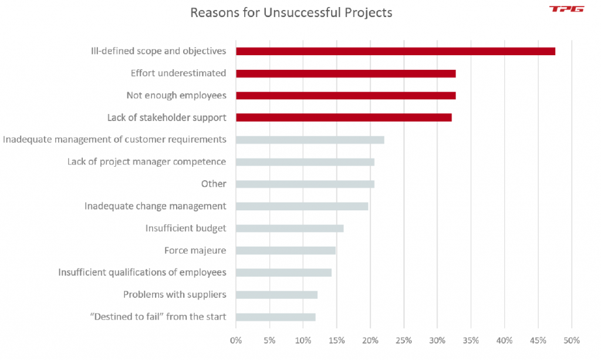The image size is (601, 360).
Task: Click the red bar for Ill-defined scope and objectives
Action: pos(395,52)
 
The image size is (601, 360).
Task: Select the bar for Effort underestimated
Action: pos(346,73)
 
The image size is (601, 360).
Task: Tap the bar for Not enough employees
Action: pos(346,96)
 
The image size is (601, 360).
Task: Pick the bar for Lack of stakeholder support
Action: pos(343,118)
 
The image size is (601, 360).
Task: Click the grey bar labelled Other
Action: pos(305,184)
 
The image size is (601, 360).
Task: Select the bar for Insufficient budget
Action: pos(289,228)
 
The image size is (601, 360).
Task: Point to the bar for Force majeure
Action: pos(285,251)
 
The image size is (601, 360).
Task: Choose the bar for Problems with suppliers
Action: pos(276,295)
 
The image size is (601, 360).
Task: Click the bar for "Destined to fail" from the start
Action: pos(275,317)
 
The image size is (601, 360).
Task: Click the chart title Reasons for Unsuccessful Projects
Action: pos(291,12)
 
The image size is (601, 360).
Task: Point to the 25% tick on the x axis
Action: pos(404,340)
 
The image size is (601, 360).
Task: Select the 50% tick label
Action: pos(572,340)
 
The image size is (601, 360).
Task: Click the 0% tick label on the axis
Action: pos(236,340)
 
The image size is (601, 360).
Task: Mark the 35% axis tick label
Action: pos(471,340)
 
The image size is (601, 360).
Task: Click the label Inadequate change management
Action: pos(155,206)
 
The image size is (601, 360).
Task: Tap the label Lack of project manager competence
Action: pos(147,162)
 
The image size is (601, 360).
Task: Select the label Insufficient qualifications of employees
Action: pos(142,272)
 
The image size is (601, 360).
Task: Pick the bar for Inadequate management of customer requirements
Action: pos(310,140)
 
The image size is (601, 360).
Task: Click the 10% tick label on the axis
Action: pos(303,340)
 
